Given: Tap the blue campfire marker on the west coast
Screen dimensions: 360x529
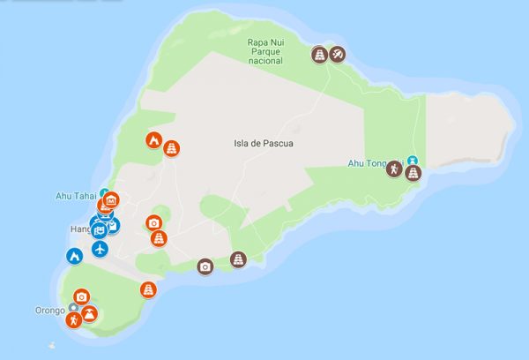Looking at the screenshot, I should [x=74, y=256].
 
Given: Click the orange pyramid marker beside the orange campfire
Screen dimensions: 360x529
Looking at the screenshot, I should [x=173, y=146].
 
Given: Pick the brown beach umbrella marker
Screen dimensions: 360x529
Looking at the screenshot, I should [x=338, y=56].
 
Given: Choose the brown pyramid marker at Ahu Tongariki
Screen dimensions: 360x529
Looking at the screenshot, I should [x=412, y=172].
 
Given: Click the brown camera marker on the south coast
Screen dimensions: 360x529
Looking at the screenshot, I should [x=205, y=266].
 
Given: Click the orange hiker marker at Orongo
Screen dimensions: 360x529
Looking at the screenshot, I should [x=76, y=319].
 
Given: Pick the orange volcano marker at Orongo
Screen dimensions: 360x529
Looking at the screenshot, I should [x=89, y=312].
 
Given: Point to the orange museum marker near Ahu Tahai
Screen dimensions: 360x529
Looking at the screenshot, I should [x=111, y=201].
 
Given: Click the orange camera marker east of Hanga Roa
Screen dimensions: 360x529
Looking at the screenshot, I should [x=154, y=223].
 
